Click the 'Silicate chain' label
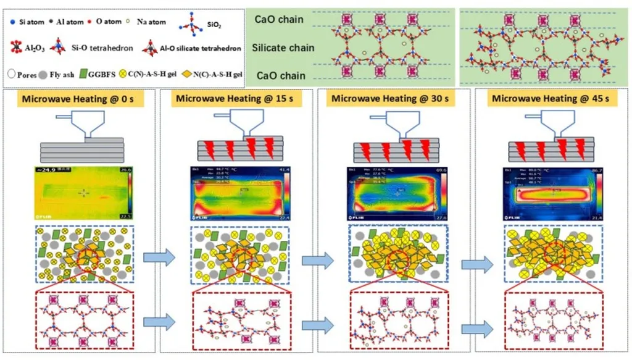pos(285,48)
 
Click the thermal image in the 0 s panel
pos(85,193)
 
